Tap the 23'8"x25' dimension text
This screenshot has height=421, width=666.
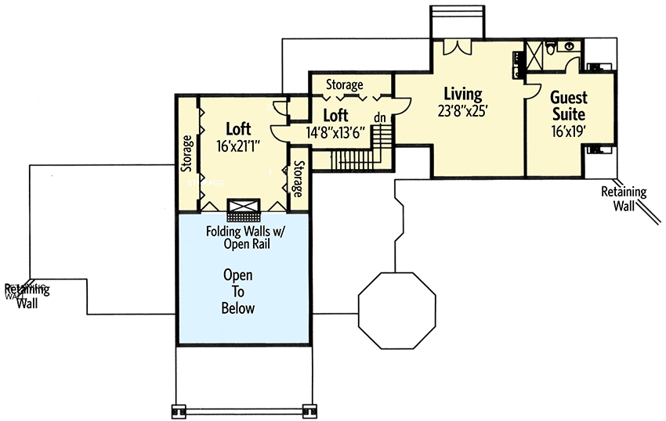coord(463,111)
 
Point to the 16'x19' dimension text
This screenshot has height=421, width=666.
coord(568,131)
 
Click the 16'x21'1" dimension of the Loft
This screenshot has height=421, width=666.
coord(237,146)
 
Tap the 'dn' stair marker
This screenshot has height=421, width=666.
coord(380,117)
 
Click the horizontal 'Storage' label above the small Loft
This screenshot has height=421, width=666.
coord(344,85)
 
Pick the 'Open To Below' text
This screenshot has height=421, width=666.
coord(239,292)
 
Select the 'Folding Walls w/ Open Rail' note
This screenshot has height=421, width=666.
coord(238,237)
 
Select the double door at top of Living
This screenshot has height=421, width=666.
coord(457,45)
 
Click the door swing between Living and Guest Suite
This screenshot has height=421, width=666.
coord(532,90)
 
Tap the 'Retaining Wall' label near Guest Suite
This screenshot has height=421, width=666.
coord(624,198)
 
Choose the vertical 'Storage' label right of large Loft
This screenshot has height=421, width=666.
coord(298,179)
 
